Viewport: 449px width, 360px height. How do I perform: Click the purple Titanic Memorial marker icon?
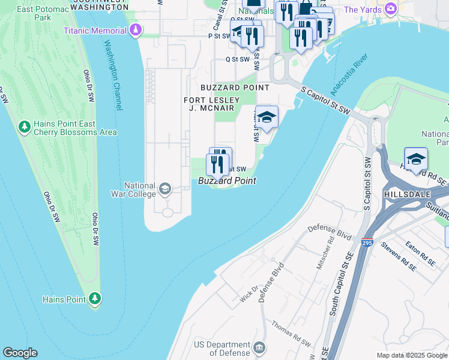pos(136,29)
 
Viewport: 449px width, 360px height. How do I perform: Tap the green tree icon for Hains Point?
pos(94,298)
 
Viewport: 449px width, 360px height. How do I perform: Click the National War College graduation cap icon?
pos(164,190)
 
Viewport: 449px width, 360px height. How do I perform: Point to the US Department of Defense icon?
pos(259,348)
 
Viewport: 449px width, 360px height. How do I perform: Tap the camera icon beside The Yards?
pos(391,9)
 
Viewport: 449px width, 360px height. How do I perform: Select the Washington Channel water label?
pos(113,74)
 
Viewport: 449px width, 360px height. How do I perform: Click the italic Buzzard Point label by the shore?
pos(228,181)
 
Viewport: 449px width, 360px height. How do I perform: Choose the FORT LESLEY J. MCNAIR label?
pos(212,104)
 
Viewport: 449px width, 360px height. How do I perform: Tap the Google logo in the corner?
pos(20,353)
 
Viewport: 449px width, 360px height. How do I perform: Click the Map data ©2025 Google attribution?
pos(412,355)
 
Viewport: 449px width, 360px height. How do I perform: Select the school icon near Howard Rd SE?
pos(415,159)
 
